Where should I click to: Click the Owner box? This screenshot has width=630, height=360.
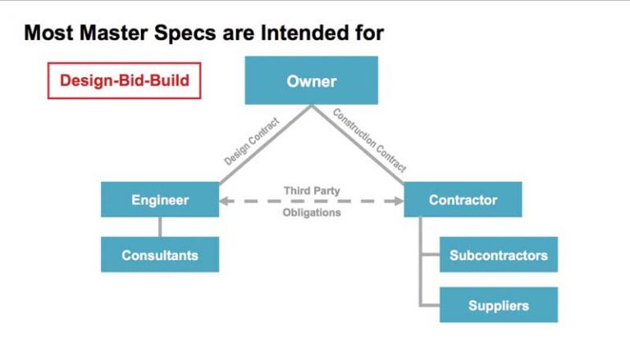[x=312, y=80]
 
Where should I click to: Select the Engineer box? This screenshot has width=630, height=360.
[x=160, y=200]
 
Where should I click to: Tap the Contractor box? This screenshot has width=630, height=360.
[x=463, y=200]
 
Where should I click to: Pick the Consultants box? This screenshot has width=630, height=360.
[x=160, y=255]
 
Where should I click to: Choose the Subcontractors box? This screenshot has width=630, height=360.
[x=499, y=255]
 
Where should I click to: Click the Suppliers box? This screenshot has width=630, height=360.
[x=499, y=305]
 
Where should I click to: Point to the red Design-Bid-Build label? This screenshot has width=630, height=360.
[x=124, y=80]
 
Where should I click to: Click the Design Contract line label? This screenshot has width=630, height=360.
[x=252, y=141]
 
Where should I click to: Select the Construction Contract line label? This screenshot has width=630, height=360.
[x=370, y=140]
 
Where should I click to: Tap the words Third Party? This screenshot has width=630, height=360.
[x=312, y=190]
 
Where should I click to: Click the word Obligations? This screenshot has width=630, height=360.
[x=312, y=212]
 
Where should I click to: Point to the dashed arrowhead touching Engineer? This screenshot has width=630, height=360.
[x=224, y=201]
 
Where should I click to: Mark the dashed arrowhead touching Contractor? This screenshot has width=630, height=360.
[x=399, y=201]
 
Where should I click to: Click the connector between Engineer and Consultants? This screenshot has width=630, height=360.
[x=160, y=227]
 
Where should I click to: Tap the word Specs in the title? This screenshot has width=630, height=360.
[x=185, y=34]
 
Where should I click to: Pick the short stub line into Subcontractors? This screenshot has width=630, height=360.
[x=431, y=254]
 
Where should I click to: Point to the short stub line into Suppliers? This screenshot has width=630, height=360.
[x=431, y=305]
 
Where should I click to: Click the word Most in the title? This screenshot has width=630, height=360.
[x=49, y=33]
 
